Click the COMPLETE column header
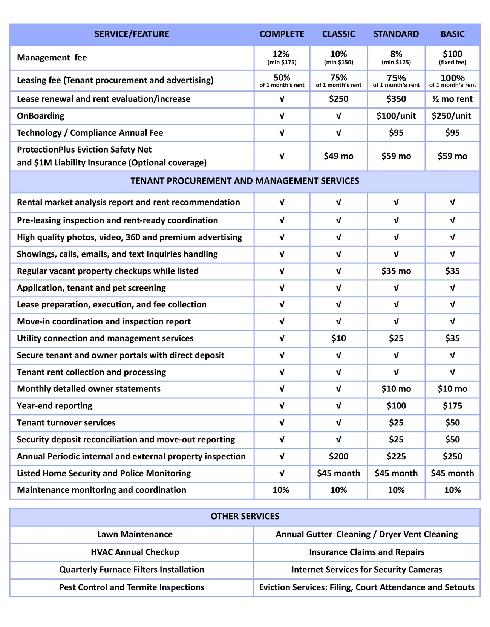(282, 34)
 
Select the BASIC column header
(452, 34)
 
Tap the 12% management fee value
(281, 54)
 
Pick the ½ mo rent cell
(452, 99)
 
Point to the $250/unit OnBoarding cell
(452, 116)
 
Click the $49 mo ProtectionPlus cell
(338, 156)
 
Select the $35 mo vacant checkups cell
(396, 271)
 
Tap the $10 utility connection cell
(338, 338)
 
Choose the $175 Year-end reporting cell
(452, 406)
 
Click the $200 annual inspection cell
(338, 456)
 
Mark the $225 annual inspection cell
(396, 456)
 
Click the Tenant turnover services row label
(66, 423)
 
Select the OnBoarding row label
(41, 116)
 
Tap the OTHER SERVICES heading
(245, 516)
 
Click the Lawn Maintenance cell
(135, 534)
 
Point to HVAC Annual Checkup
(135, 552)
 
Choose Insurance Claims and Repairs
(366, 552)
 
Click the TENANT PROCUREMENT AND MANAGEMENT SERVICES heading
(245, 181)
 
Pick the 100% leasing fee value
(452, 78)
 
